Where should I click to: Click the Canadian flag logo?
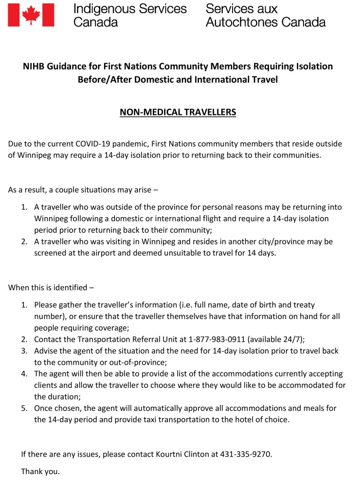(x=31, y=14)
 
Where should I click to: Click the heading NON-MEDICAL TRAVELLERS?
(x=178, y=112)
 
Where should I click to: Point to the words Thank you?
(x=40, y=472)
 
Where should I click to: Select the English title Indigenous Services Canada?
(x=129, y=15)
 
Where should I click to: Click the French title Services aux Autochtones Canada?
(x=265, y=15)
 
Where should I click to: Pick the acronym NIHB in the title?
(x=35, y=66)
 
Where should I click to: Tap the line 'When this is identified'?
(x=51, y=287)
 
